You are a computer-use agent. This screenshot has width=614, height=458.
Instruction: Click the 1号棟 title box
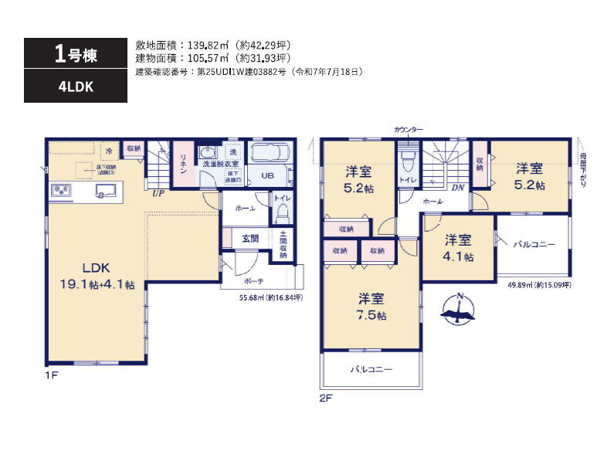75,53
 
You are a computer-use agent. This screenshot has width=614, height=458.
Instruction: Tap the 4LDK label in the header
75,87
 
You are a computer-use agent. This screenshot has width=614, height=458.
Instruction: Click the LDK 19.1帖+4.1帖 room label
98,276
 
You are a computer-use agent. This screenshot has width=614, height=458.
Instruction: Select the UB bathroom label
267,176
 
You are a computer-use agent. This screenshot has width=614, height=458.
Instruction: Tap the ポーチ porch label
255,281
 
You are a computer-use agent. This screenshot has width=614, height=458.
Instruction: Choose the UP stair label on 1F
158,193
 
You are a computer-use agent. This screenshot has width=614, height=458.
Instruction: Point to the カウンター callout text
408,130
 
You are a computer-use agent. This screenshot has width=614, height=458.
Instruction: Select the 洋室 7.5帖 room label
371,307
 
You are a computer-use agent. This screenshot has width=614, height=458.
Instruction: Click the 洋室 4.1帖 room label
458,249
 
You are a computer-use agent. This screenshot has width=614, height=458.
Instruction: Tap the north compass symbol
459,310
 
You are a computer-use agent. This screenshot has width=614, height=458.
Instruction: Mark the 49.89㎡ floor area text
539,285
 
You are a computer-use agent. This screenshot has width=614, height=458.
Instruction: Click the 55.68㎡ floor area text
270,297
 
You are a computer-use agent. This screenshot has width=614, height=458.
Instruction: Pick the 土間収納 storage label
283,244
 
